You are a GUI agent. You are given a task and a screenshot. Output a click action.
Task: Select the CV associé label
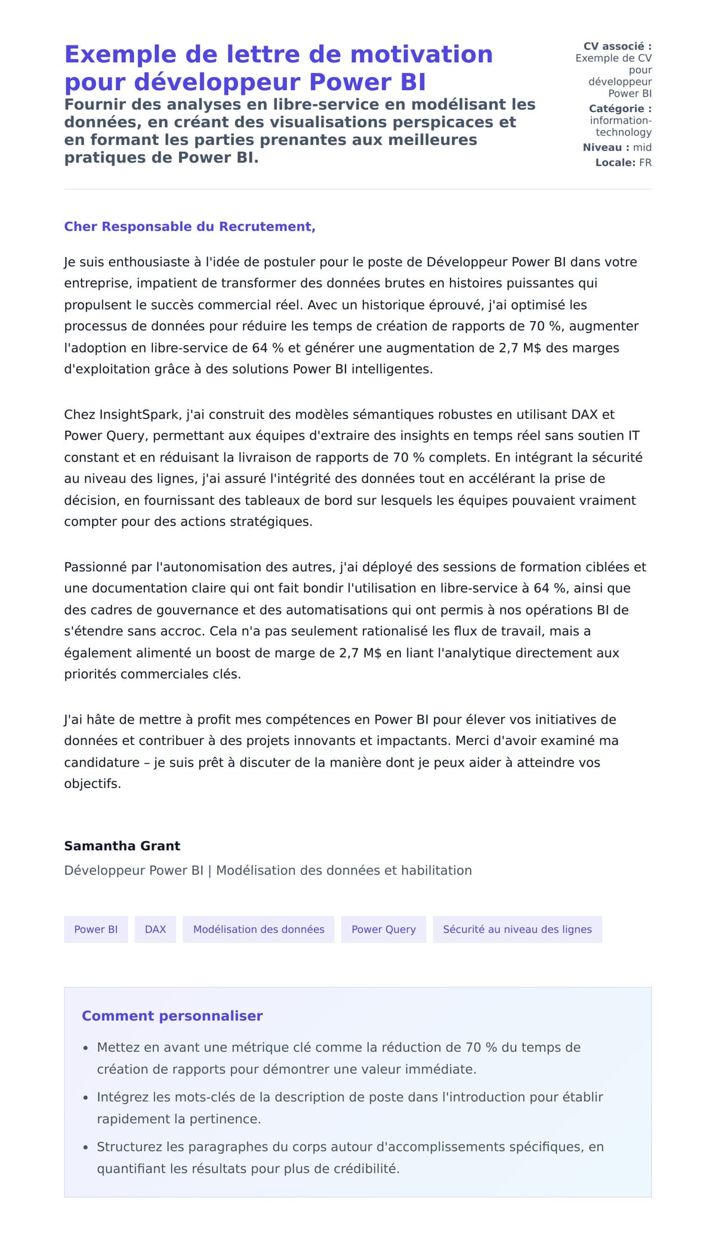pos(617,46)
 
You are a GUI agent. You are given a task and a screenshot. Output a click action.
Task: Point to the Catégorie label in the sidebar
pos(620,109)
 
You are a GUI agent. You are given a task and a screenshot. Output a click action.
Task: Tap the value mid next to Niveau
pos(642,147)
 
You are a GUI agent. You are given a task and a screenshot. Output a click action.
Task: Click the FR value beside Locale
pos(645,162)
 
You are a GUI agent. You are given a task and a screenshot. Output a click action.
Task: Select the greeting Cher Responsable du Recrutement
pos(190,227)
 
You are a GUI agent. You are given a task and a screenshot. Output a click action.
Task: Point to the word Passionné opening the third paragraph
pos(95,567)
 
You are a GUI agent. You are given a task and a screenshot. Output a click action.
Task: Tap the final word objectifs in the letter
pos(92,784)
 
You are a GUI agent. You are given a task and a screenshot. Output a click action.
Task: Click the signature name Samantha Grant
pos(122,846)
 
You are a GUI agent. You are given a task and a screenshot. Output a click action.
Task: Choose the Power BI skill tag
pos(96,929)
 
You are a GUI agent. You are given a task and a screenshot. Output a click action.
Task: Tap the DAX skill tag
pos(155,929)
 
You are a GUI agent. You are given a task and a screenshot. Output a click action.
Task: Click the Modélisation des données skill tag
pos(258,929)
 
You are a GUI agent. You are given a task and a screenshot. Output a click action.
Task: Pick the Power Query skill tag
pos(383,929)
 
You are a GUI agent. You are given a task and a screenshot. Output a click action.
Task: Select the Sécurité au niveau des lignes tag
pos(517,929)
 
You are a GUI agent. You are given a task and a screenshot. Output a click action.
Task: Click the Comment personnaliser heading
pos(172,1016)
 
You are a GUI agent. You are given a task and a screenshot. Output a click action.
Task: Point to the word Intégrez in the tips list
pos(123,1097)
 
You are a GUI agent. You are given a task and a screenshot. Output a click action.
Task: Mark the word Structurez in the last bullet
pos(130,1147)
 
